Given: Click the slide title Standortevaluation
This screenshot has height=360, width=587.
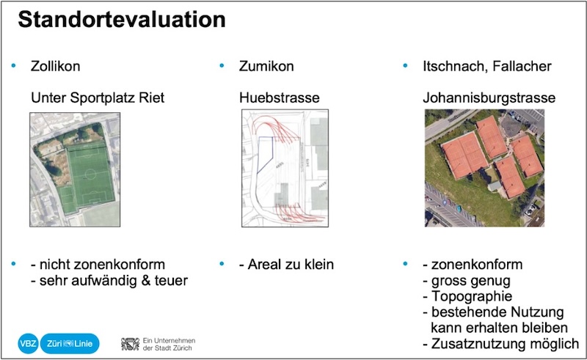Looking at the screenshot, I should tap(121, 20).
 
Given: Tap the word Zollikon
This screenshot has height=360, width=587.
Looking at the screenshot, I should tap(55, 67).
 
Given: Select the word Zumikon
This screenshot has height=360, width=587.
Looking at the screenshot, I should tap(266, 67).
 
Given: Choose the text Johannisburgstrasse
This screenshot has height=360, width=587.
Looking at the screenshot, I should tap(489, 97).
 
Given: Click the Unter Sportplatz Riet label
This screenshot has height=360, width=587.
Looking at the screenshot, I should tap(97, 97).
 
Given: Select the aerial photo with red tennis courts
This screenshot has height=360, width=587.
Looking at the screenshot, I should tap(484, 168).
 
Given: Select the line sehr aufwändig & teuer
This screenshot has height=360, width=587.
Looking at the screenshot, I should tap(114, 280).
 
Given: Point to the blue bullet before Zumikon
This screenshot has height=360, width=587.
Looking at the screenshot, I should tap(221, 67).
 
